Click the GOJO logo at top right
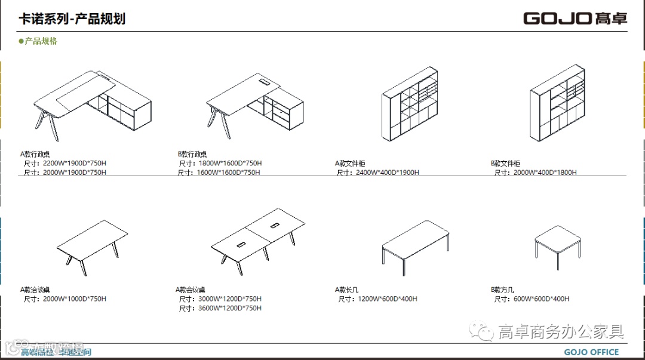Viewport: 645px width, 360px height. [575, 18]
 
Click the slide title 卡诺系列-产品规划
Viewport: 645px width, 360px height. [72, 19]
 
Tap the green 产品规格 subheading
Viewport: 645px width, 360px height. [41, 41]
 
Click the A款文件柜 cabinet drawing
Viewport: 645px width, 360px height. [411, 106]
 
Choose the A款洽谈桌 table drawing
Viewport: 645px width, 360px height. [93, 245]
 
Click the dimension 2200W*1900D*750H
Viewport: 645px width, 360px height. [75, 163]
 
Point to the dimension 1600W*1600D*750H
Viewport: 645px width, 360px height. [229, 173]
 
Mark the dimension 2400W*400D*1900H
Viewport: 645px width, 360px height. [388, 173]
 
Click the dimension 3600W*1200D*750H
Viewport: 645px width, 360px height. [230, 308]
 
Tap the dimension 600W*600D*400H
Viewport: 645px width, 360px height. [541, 299]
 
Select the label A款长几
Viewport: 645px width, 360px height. [346, 290]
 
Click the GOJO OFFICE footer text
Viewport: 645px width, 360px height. [591, 352]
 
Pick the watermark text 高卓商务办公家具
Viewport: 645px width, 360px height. [561, 331]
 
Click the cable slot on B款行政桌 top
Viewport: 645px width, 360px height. [265, 80]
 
